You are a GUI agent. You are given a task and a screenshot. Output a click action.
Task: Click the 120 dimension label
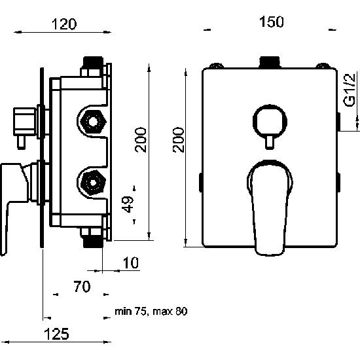pos(64,24)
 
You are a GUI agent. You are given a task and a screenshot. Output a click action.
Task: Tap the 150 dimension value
pos(272,22)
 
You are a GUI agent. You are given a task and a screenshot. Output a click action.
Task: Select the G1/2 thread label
pos(350,90)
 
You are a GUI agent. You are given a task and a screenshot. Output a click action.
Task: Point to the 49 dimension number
pos(128,204)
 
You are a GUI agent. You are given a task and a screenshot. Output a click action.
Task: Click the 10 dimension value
pos(131,262)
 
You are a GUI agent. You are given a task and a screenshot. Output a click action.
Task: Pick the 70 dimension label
pos(82,287)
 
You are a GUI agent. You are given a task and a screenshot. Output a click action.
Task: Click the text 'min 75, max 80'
pos(151,312)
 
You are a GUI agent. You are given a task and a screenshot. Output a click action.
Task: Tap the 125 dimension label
pos(56,334)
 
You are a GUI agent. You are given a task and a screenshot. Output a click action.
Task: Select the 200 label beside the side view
pos(141,139)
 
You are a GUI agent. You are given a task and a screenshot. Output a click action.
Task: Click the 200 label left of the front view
pos(179,140)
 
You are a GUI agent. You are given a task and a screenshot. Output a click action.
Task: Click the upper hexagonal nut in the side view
pos(93,122)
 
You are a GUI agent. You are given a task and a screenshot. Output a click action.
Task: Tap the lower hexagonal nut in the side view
pos(93,183)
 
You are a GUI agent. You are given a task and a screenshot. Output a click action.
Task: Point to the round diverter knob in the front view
pos(270,121)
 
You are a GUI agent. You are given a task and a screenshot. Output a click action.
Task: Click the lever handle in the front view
pos(270,207)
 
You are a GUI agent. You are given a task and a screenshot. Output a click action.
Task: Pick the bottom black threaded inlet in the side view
pos(93,242)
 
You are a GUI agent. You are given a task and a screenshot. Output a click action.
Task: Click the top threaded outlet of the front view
pos(270,62)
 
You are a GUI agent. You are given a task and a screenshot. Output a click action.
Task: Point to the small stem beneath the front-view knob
pos(270,142)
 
